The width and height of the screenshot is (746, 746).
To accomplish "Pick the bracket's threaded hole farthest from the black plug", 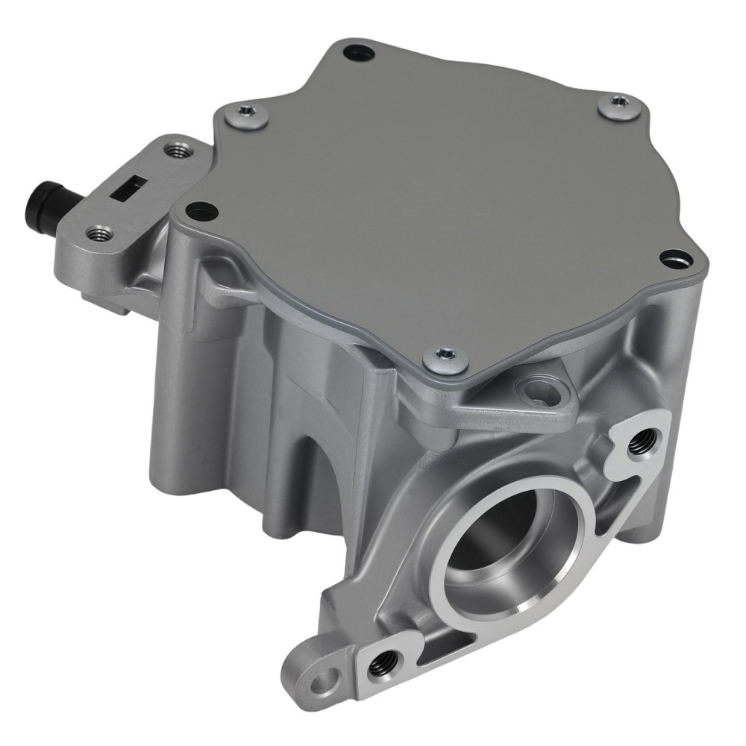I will point(178,150).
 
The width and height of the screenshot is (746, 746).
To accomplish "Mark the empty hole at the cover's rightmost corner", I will point(675,258).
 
